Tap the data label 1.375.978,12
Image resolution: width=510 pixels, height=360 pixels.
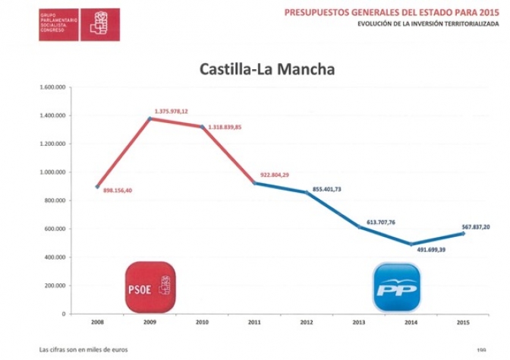pyautogui.click(x=171, y=111)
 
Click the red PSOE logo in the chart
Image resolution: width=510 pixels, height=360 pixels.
pyautogui.click(x=150, y=286)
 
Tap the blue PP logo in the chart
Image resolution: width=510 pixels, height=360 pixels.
pyautogui.click(x=396, y=286)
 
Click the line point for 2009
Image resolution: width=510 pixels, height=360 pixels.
pyautogui.click(x=150, y=118)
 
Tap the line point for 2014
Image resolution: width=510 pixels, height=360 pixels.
pyautogui.click(x=411, y=245)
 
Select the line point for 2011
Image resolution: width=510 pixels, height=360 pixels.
pyautogui.click(x=254, y=183)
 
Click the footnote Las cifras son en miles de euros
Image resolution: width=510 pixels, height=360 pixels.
pyautogui.click(x=83, y=349)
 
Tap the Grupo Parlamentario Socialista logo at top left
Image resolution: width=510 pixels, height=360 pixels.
pyautogui.click(x=79, y=24)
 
